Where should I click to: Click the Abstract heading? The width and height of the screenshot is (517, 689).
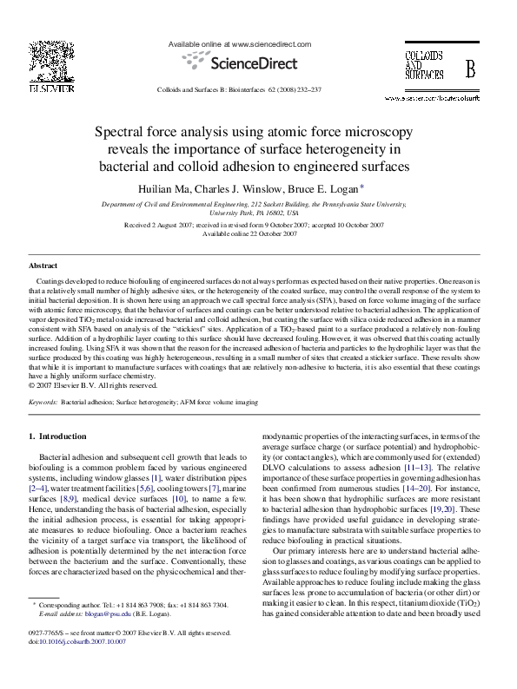click(43, 266)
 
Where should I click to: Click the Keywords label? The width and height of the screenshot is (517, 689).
click(43, 404)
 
